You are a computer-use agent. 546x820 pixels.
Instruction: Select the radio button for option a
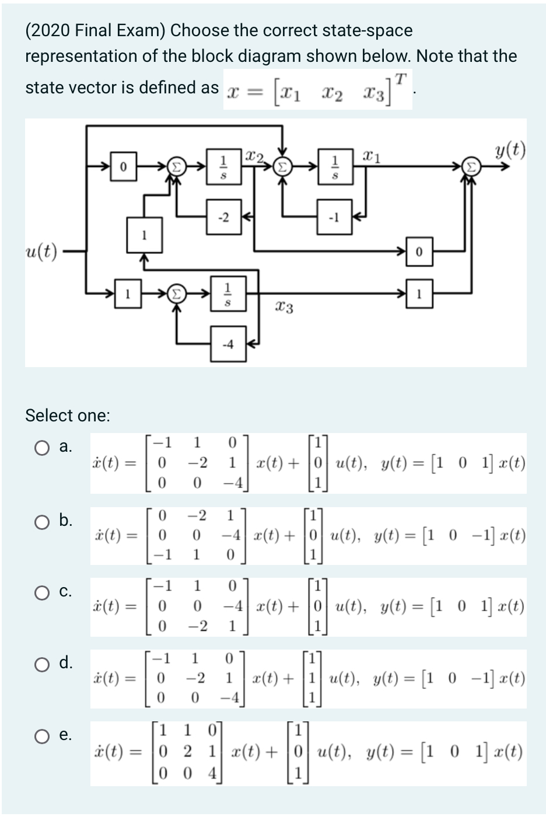click(x=41, y=448)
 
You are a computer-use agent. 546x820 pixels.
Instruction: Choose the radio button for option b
click(x=41, y=522)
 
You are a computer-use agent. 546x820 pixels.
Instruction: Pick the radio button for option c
click(x=41, y=593)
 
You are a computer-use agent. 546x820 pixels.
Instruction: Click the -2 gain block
click(x=223, y=218)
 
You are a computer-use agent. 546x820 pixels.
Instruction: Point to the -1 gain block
click(x=334, y=218)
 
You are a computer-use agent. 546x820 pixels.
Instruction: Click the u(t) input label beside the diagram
click(x=41, y=252)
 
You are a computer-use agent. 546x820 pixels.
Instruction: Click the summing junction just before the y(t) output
click(x=471, y=167)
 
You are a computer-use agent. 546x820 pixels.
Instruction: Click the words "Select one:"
click(x=68, y=416)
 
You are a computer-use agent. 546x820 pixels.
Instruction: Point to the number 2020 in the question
click(x=51, y=30)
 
